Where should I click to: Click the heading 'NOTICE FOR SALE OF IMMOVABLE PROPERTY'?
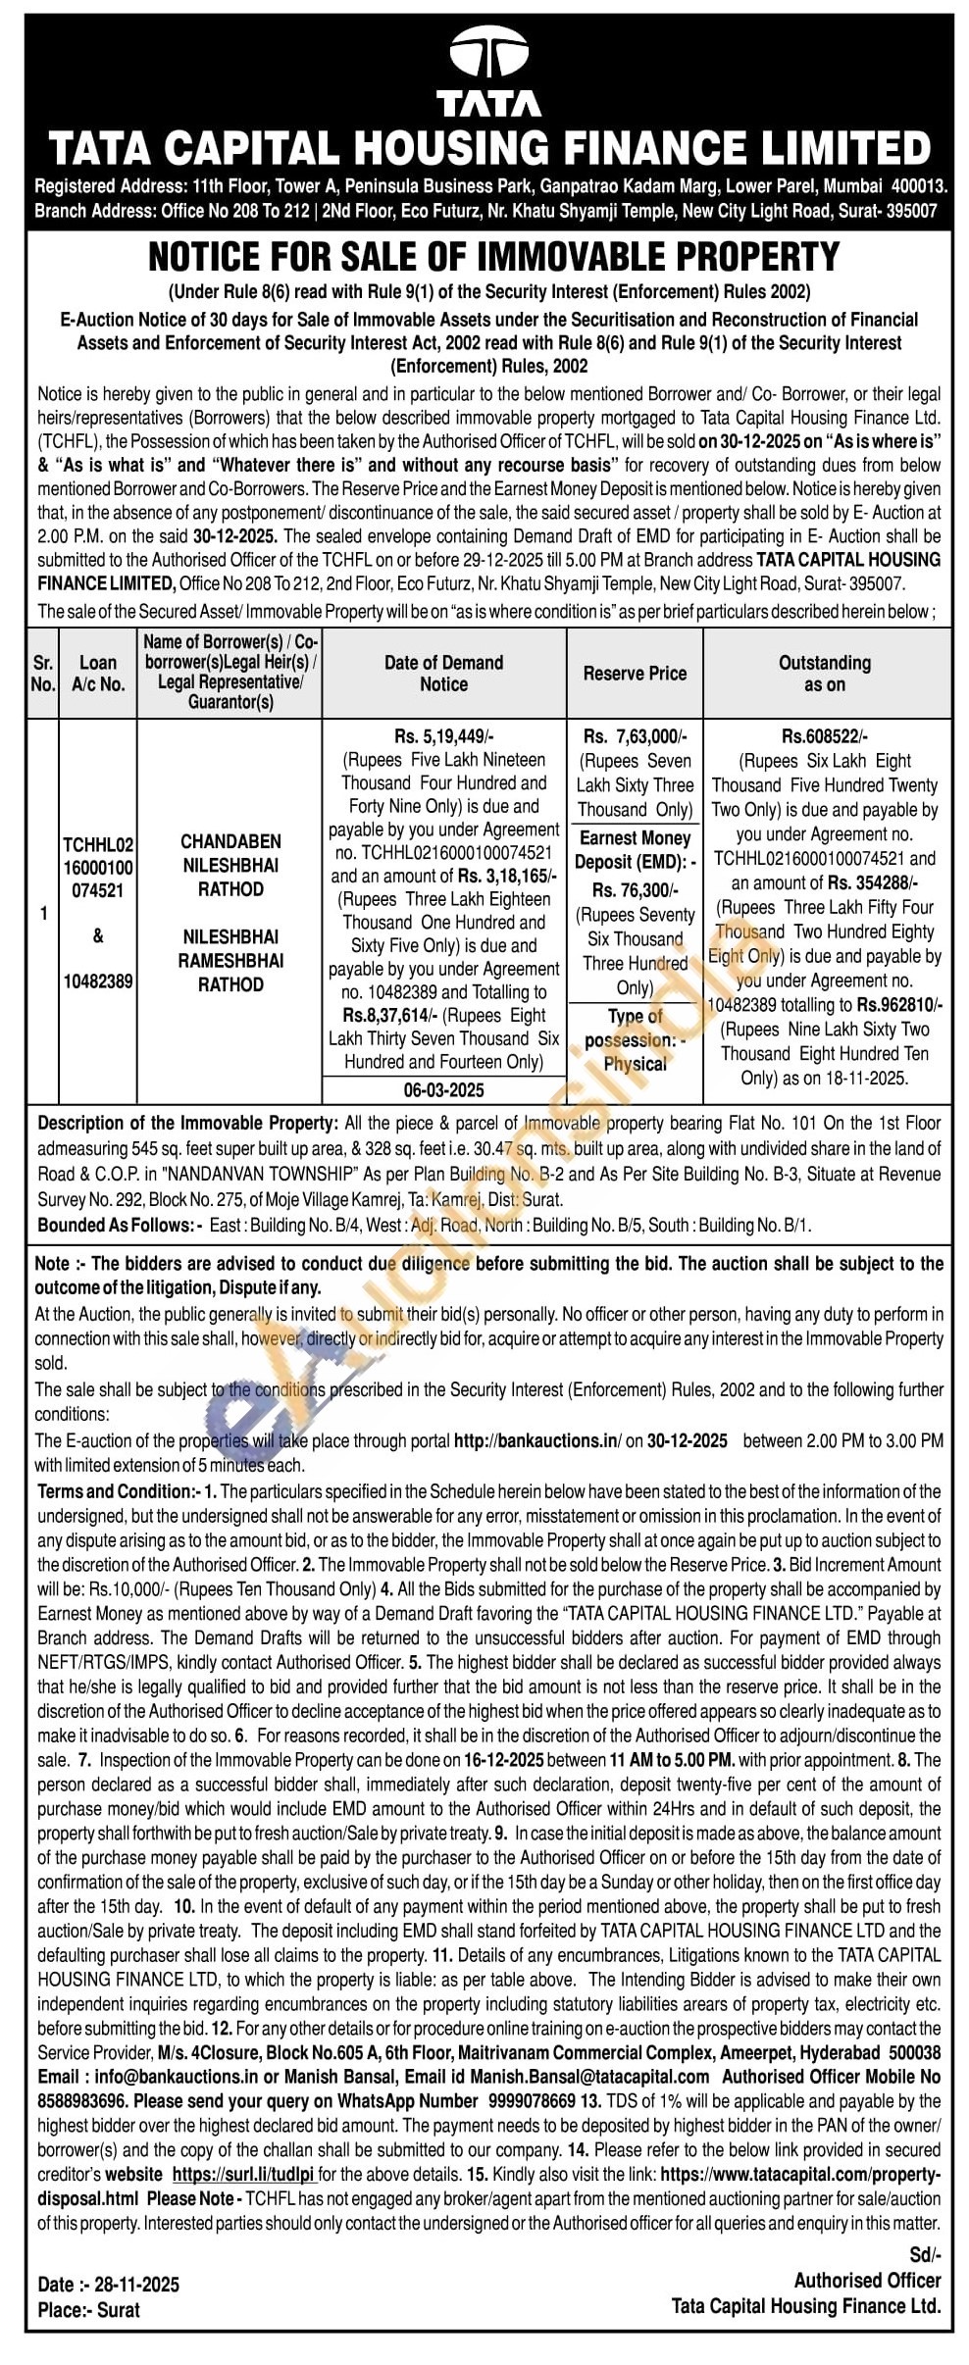pos(493,257)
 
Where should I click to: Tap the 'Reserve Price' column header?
pos(635,674)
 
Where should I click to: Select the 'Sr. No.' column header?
pos(42,674)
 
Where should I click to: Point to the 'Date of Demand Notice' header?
pos(443,674)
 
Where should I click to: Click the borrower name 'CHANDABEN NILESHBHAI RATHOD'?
pos(230,865)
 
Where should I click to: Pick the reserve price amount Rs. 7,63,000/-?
pos(635,736)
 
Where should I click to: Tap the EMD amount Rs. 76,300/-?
pos(635,890)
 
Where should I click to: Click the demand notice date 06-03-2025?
pos(443,1089)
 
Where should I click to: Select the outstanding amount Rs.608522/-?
pos(825,736)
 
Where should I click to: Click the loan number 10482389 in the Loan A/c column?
pos(98,981)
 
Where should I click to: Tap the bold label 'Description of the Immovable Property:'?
pos(187,1123)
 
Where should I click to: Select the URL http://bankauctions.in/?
pos(536,1440)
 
